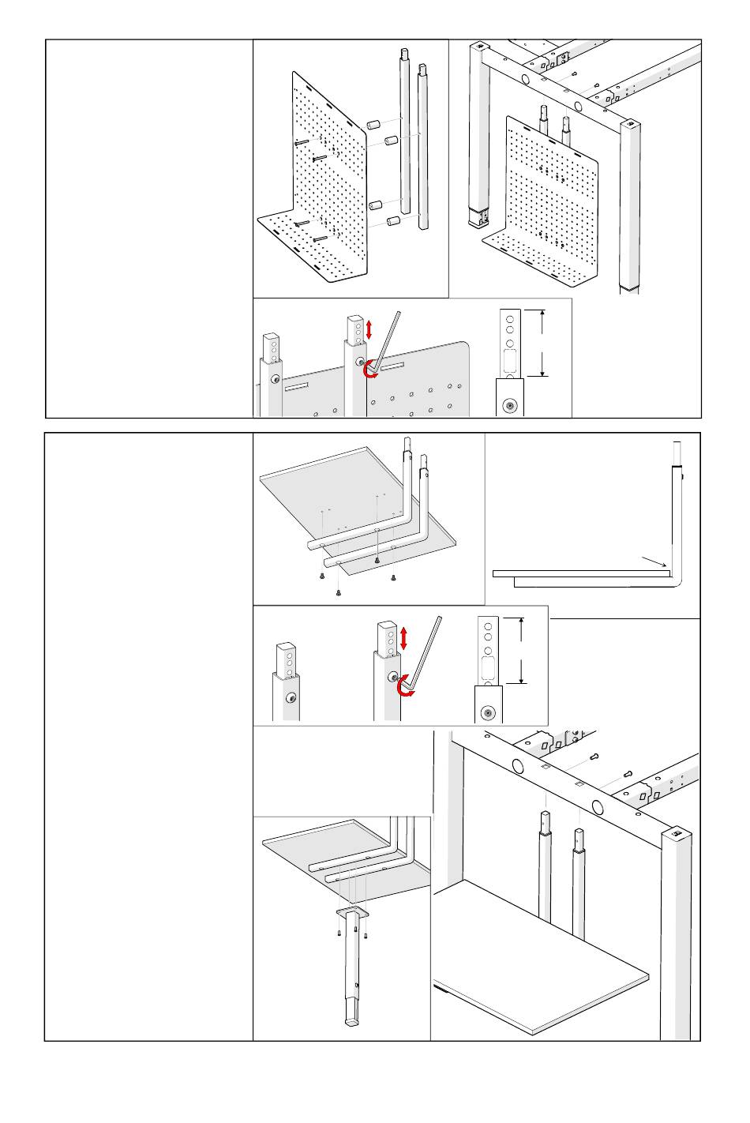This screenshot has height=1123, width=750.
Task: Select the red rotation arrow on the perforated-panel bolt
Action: click(x=369, y=370)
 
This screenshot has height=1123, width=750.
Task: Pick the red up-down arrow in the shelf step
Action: click(x=404, y=637)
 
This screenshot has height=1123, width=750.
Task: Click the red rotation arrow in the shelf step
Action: click(x=405, y=685)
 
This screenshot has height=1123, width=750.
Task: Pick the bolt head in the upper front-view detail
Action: click(x=510, y=407)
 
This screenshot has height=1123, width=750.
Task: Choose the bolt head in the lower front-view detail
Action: click(x=489, y=713)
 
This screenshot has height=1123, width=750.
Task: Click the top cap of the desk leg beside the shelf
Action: click(x=676, y=834)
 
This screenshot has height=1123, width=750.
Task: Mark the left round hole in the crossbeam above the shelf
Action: click(x=519, y=765)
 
